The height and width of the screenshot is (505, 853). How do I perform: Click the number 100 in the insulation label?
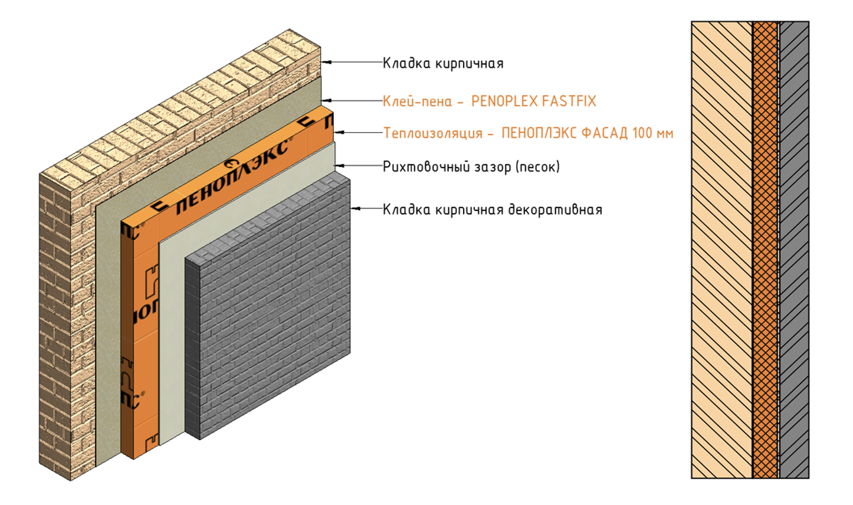click(x=642, y=133)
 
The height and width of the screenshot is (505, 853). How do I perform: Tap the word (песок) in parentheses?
click(x=537, y=167)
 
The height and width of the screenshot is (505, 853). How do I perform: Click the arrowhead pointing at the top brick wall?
click(x=324, y=61)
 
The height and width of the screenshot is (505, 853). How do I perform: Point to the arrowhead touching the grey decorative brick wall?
click(x=354, y=208)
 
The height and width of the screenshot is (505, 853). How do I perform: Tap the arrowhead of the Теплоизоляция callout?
click(x=337, y=133)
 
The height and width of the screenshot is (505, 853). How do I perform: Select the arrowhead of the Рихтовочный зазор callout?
click(x=339, y=166)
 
